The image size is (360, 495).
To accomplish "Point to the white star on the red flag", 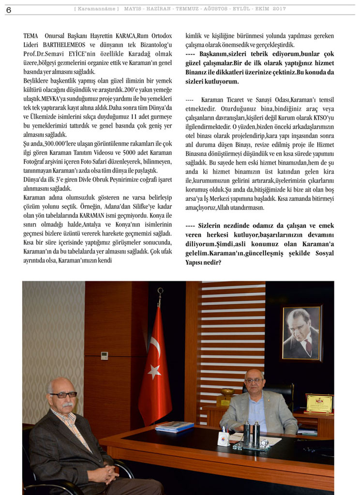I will (x=154, y=371).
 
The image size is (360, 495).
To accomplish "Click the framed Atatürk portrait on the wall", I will (x=302, y=332).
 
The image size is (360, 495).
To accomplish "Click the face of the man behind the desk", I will (x=254, y=381).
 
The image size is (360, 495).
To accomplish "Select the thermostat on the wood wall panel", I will (x=104, y=356).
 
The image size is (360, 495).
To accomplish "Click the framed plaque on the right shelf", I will (x=319, y=403).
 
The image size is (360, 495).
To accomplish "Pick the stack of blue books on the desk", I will (x=175, y=426).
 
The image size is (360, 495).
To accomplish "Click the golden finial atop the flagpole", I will (x=160, y=291).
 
